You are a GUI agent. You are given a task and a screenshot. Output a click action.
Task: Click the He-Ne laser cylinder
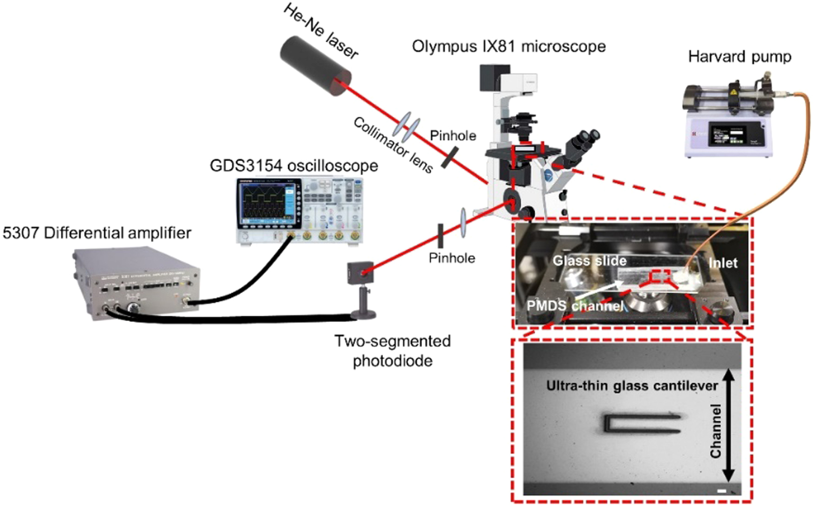[315, 66]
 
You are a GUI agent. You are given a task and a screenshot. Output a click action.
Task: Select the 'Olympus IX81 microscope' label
[508, 46]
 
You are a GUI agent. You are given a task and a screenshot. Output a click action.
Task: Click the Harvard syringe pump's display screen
[729, 134]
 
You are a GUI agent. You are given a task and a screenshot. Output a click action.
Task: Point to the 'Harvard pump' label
[739, 56]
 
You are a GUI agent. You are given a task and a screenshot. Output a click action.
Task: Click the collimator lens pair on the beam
[409, 126]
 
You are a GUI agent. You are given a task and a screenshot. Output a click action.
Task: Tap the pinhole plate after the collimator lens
[450, 157]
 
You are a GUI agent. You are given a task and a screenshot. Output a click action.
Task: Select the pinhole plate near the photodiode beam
[441, 236]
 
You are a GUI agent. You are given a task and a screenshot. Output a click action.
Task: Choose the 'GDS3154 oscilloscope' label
[294, 166]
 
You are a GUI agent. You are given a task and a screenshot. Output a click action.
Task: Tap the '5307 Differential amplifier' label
[97, 233]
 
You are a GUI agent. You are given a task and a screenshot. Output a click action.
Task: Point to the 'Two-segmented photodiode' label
[392, 351]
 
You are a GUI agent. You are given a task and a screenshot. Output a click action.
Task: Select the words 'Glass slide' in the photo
[589, 261]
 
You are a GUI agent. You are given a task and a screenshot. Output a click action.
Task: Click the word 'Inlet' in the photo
[722, 263]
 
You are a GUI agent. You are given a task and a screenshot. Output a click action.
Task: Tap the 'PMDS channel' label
[574, 306]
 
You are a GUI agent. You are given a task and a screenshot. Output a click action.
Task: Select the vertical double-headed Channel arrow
[729, 425]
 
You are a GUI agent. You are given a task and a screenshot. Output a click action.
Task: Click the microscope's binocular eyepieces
[585, 140]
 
